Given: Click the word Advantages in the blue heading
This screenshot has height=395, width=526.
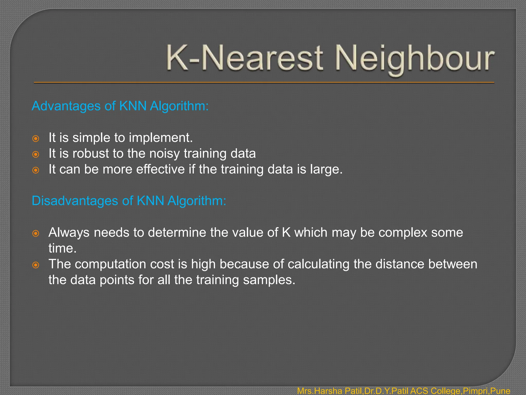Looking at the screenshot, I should pyautogui.click(x=66, y=106).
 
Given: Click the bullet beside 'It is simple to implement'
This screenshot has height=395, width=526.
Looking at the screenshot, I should pyautogui.click(x=36, y=139).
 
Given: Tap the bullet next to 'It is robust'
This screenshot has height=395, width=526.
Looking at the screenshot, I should pyautogui.click(x=36, y=154).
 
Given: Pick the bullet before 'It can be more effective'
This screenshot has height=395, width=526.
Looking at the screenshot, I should pyautogui.click(x=36, y=170).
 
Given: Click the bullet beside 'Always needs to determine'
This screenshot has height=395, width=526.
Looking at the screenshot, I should pyautogui.click(x=36, y=234).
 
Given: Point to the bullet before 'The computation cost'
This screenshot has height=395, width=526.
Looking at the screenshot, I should pyautogui.click(x=36, y=265).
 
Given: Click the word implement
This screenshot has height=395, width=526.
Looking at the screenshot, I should pyautogui.click(x=161, y=138).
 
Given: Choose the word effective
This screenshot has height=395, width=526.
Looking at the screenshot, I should pyautogui.click(x=160, y=169).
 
